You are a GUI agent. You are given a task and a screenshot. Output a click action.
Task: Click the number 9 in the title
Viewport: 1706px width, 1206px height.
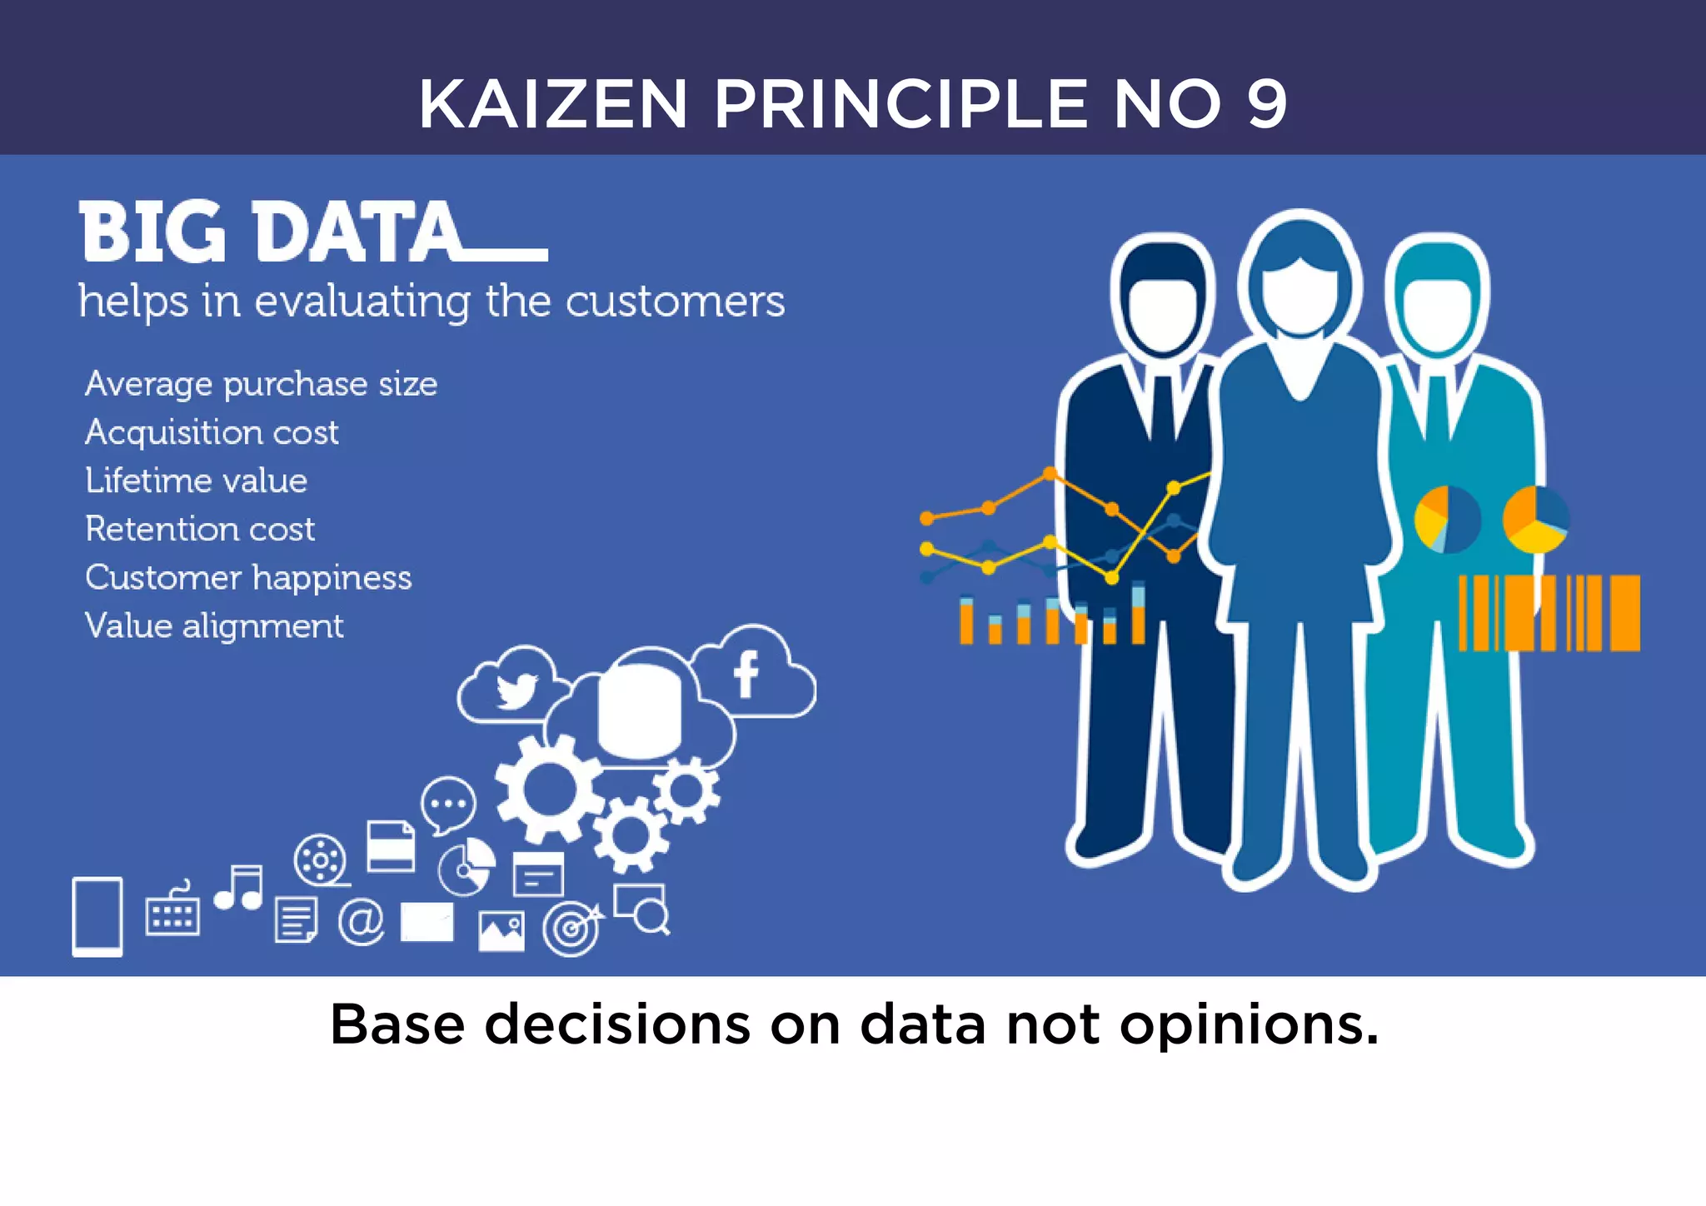[x=1266, y=104]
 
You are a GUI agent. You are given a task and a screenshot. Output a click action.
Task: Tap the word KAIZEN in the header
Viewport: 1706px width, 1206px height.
[x=553, y=104]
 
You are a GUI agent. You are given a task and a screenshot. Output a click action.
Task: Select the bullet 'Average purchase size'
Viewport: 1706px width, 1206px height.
[x=261, y=385]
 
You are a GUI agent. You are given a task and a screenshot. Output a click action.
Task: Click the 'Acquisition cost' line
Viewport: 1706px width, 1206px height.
[x=212, y=432]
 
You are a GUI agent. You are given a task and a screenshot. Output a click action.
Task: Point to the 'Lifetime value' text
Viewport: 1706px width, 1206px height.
[x=197, y=481]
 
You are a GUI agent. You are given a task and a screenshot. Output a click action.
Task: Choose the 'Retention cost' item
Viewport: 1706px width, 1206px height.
[x=200, y=529]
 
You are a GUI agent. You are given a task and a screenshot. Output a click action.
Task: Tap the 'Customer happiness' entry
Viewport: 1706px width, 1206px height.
[x=248, y=577]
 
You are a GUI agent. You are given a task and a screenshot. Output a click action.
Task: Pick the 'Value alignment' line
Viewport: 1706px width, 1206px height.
[x=214, y=625]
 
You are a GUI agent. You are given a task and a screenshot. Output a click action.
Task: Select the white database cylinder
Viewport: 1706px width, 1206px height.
[x=640, y=710]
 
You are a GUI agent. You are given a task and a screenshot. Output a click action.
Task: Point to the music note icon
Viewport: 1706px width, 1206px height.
[x=240, y=888]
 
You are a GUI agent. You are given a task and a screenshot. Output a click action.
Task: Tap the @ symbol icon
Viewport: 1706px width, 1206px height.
[x=361, y=922]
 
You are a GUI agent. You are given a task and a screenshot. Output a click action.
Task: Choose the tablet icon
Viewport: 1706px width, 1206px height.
[x=97, y=916]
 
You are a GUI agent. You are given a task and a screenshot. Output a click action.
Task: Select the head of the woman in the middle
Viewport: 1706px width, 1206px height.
[x=1299, y=279]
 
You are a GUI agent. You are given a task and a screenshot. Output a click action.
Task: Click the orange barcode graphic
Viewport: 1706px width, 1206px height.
[x=1549, y=612]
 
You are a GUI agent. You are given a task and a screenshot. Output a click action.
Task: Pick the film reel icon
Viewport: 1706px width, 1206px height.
[x=321, y=859]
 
